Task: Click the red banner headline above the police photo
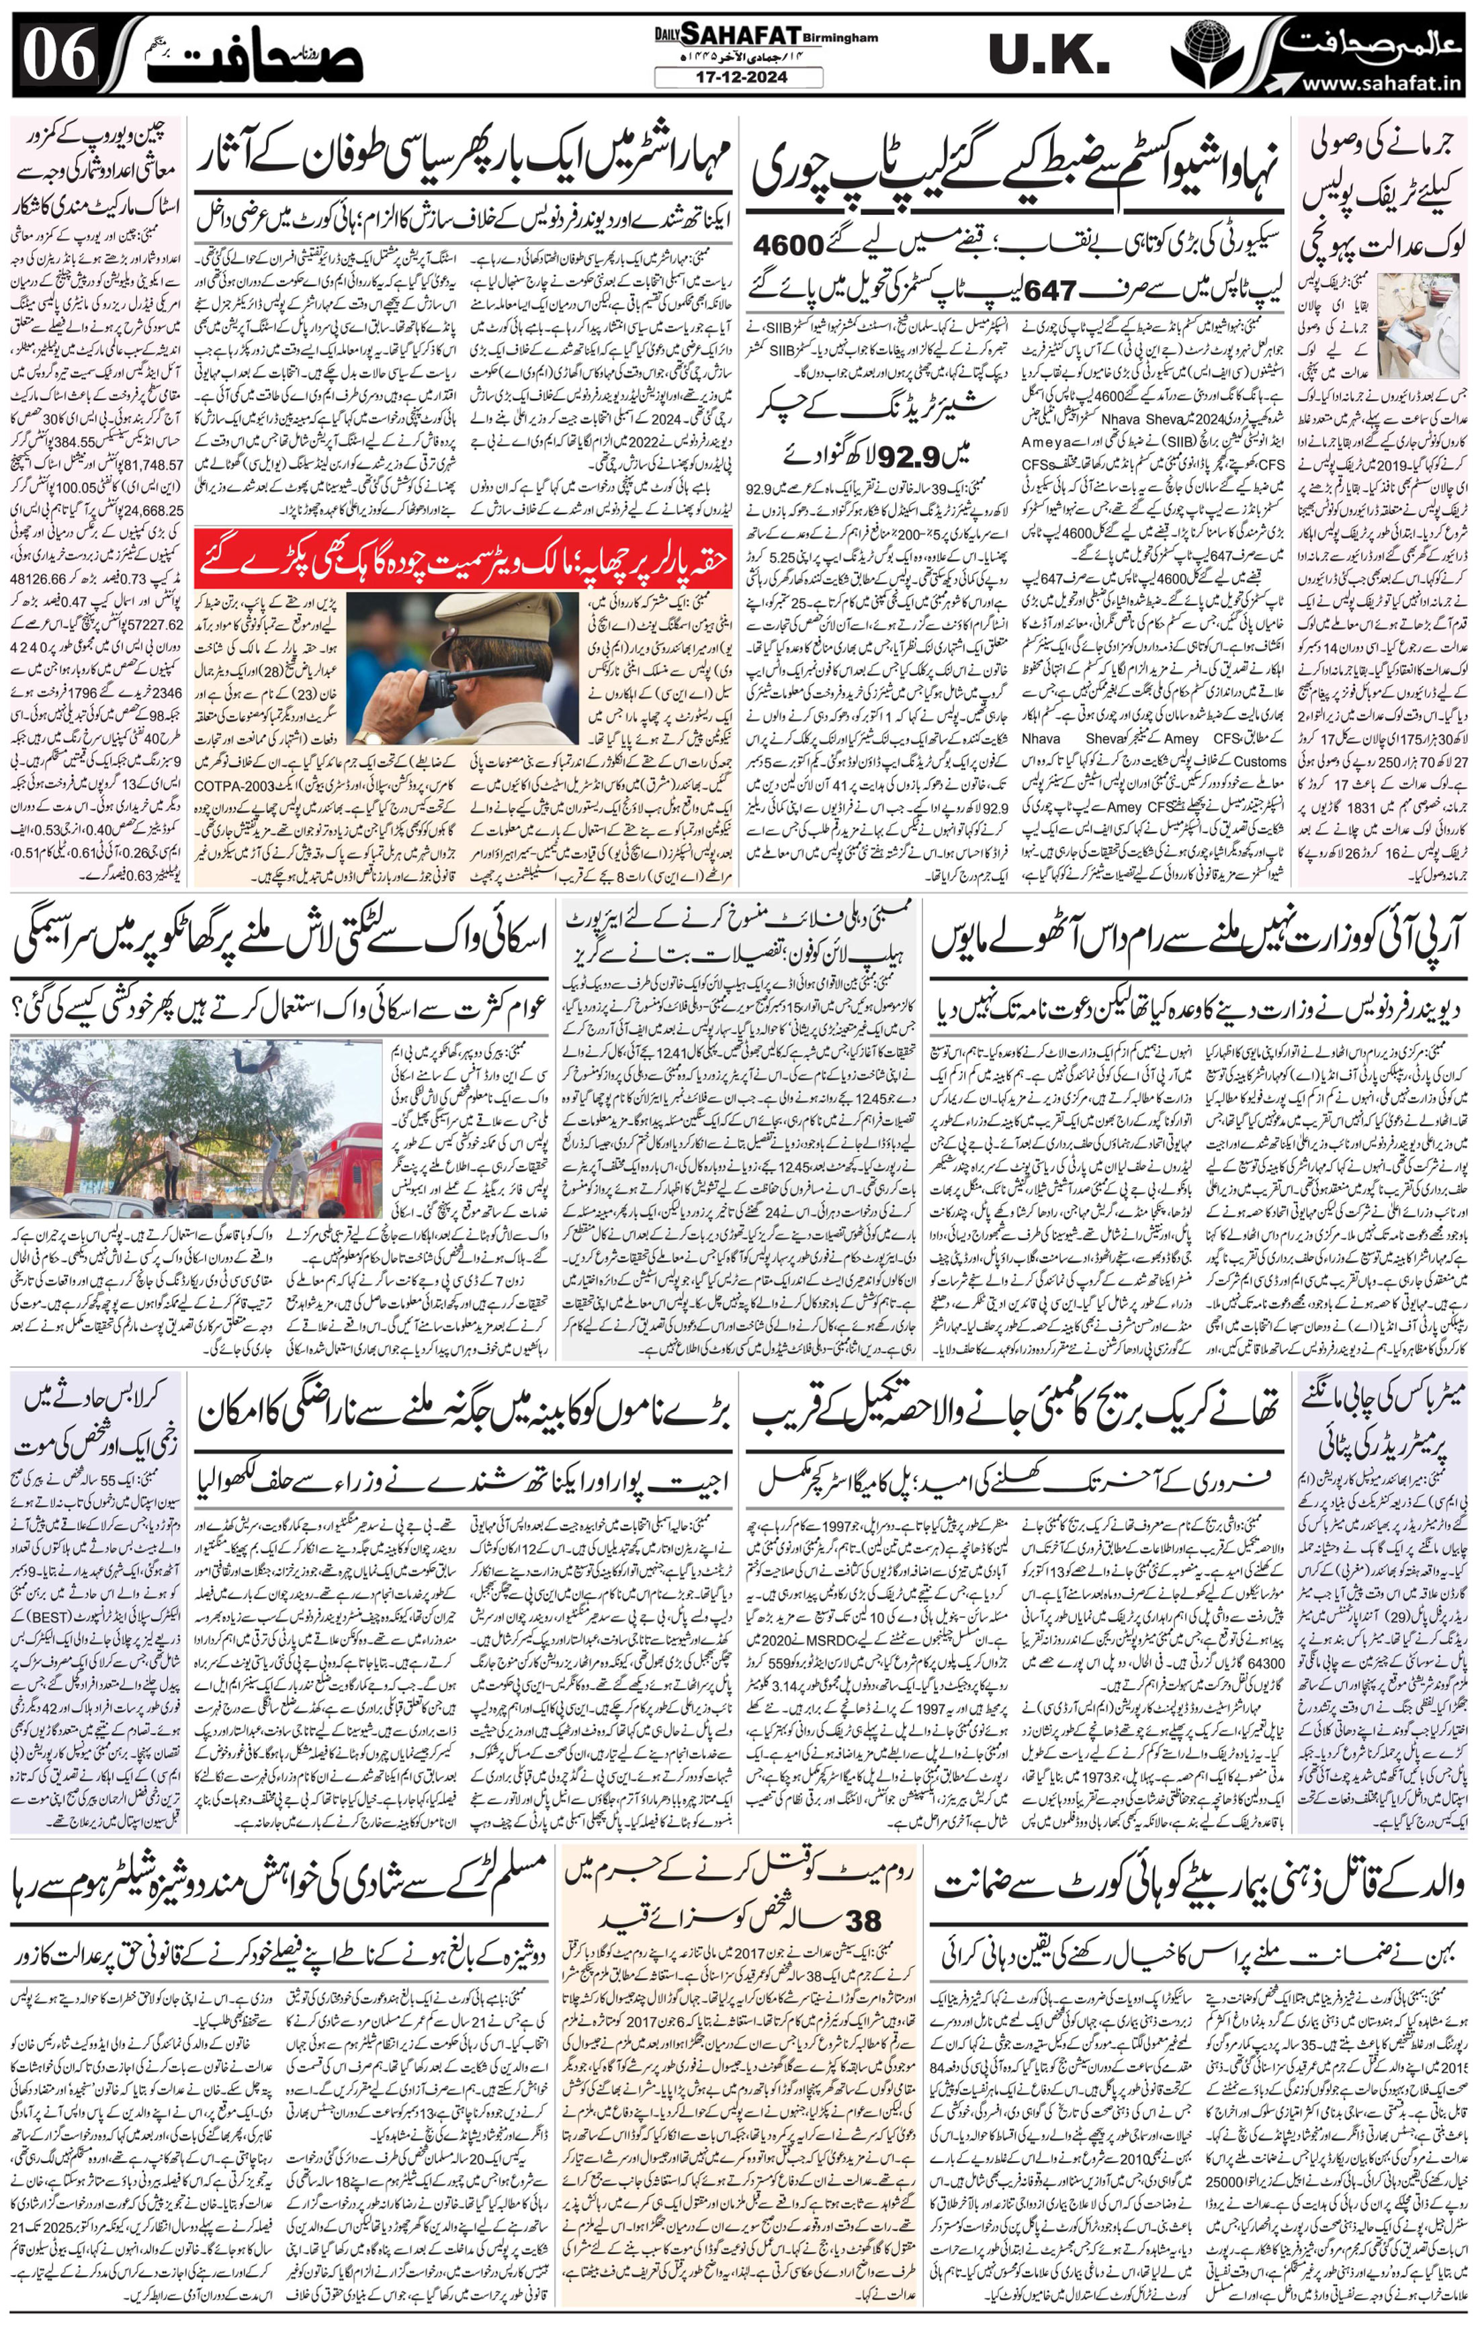point(464,558)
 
